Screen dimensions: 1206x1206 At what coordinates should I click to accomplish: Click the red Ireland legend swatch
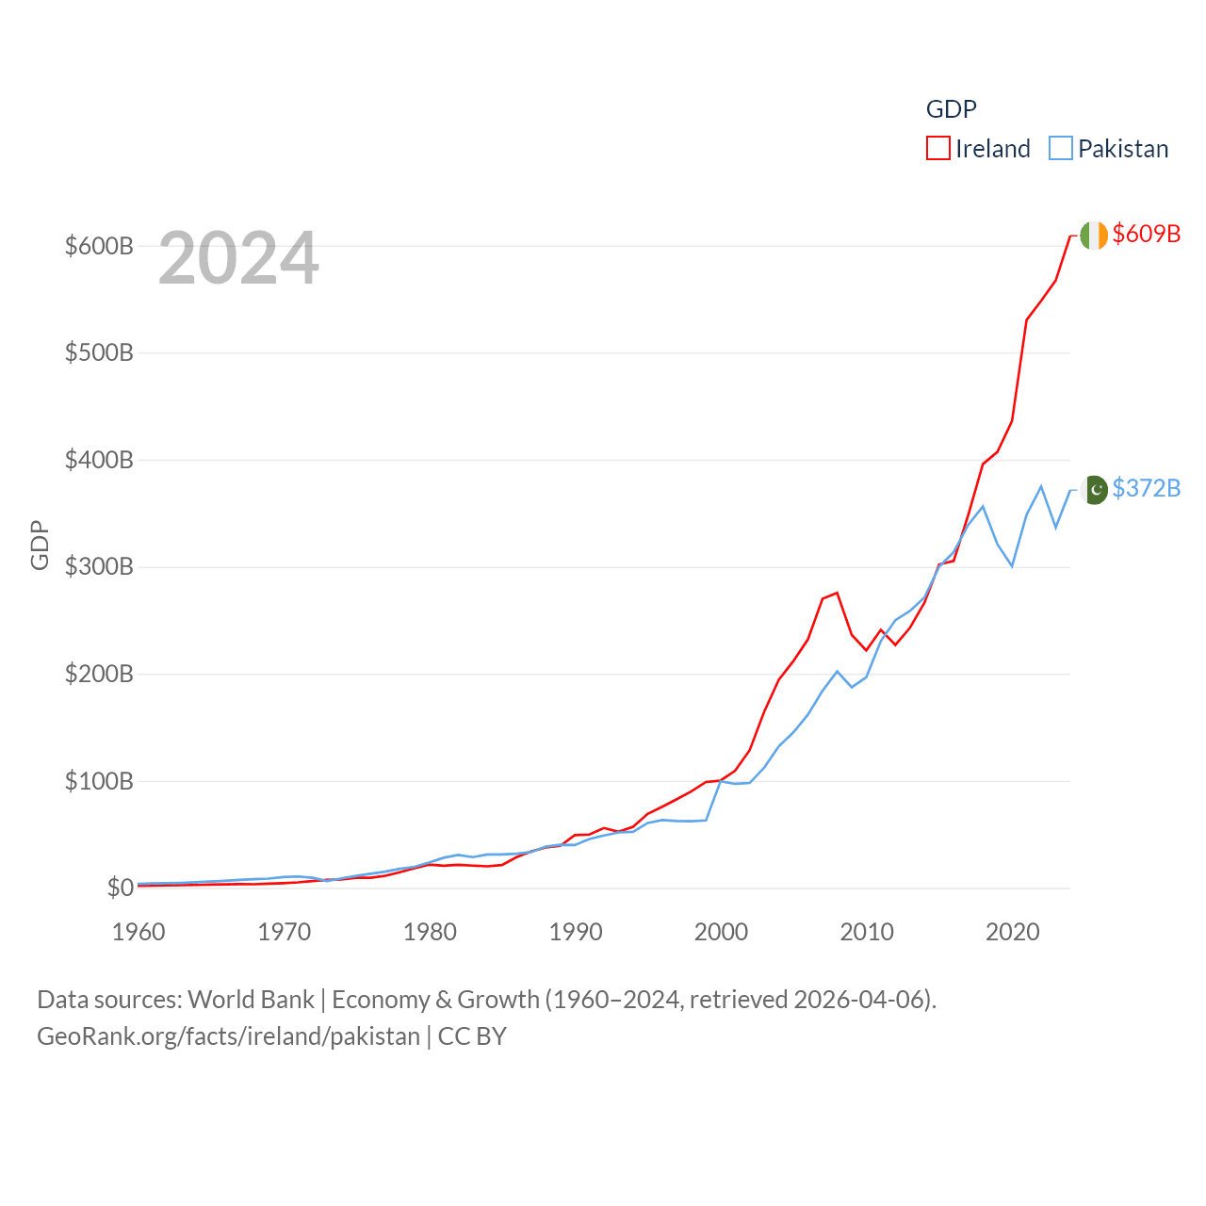(x=938, y=149)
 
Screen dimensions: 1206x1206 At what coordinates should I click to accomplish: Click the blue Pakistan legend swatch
(x=1061, y=149)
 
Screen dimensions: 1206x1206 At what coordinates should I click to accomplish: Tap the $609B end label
(x=1146, y=234)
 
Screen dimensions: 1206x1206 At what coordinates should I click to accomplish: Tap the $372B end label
(x=1146, y=488)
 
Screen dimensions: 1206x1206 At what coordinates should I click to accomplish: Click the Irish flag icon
(x=1094, y=235)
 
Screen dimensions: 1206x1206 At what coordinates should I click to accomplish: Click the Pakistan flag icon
(x=1095, y=490)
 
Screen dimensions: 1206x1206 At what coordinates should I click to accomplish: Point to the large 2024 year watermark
(x=238, y=258)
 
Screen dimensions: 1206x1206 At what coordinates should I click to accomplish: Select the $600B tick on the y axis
(x=99, y=246)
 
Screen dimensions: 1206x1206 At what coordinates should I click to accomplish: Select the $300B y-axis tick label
(x=99, y=566)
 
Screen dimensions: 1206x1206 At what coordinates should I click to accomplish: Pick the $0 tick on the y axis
(x=120, y=888)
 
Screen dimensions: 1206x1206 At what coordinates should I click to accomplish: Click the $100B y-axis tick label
(x=99, y=781)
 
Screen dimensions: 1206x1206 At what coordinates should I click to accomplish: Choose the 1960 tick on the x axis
(x=139, y=932)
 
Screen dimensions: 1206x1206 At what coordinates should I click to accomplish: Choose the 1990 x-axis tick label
(x=576, y=932)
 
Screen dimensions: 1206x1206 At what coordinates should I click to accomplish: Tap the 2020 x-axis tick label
(x=1013, y=932)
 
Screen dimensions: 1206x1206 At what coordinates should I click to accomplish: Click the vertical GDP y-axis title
(x=40, y=545)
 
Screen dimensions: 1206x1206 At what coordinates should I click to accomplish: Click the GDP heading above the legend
(x=952, y=109)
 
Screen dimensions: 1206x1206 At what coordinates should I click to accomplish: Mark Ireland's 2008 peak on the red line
(x=837, y=593)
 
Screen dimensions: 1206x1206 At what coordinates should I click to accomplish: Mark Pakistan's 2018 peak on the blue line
(x=983, y=507)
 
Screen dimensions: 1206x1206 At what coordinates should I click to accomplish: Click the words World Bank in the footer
(x=251, y=999)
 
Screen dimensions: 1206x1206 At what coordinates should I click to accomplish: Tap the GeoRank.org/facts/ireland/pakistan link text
(x=229, y=1036)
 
